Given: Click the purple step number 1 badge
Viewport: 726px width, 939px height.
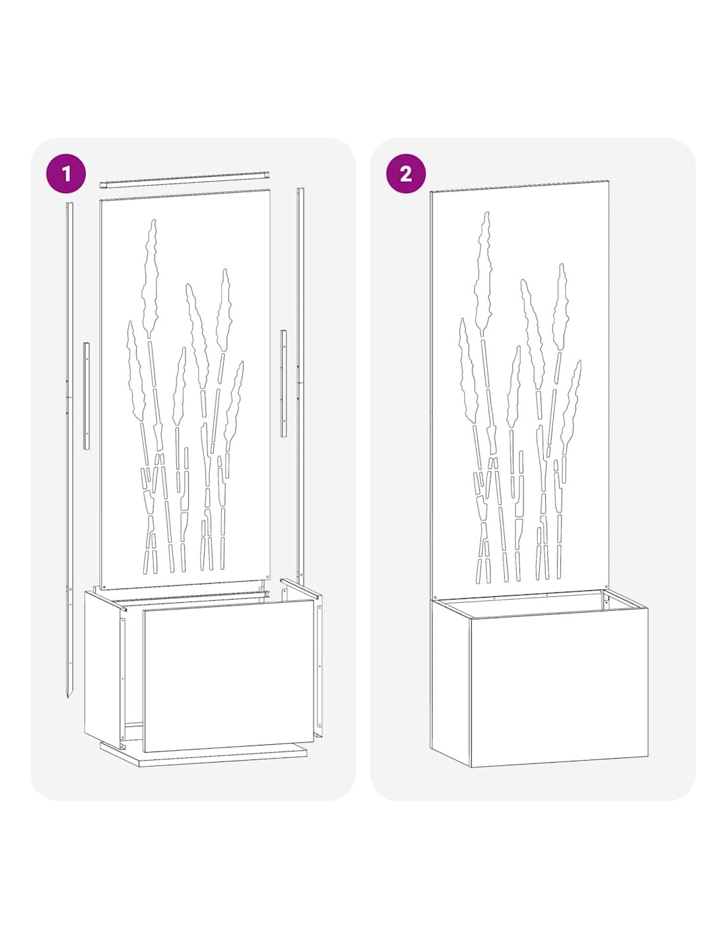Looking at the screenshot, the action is click(x=66, y=173).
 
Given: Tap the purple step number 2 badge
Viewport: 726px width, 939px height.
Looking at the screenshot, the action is click(x=405, y=173).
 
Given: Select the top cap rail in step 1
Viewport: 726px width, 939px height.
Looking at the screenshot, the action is click(x=185, y=179).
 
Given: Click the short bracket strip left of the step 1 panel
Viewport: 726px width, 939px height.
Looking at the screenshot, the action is click(x=86, y=396).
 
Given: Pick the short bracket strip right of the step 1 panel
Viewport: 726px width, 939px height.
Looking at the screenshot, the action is click(x=283, y=383).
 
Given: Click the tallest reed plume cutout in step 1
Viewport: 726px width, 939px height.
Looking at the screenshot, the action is click(x=150, y=277).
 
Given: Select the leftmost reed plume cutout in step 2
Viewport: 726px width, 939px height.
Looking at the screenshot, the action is click(x=469, y=370).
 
